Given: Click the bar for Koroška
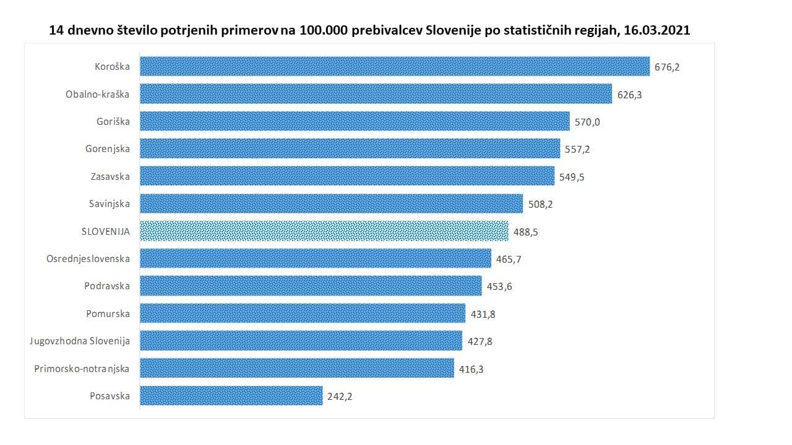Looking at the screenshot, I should point(395,67).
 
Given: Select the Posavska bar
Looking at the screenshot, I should point(231,396).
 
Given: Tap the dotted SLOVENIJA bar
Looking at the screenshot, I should point(324,231).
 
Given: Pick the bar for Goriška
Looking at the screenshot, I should point(355,121).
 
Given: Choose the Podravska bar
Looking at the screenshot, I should point(311,286).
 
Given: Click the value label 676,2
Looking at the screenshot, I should point(667,67).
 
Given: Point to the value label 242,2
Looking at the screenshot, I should point(340,396).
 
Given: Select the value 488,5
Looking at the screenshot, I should point(526,232).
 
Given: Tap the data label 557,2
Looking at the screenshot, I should point(577,150).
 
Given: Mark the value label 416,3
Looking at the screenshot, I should point(471,369).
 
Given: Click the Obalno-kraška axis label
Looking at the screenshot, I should point(98,94).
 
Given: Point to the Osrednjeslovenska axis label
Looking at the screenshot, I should point(88,258).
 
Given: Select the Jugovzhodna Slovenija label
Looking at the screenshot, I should point(80,341).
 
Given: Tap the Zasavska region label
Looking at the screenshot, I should point(110,176).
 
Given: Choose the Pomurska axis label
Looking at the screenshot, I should point(108,313).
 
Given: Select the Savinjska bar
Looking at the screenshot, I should point(331,203).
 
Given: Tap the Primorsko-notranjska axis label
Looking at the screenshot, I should point(82,368).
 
